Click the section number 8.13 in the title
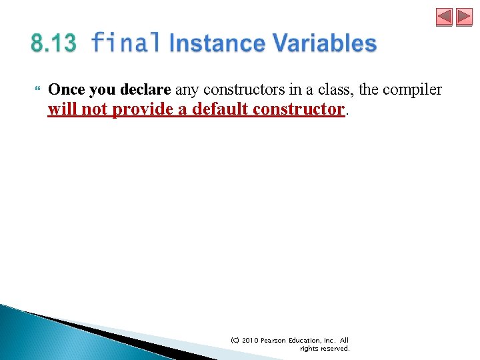[x=53, y=44]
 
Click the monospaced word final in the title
[x=125, y=43]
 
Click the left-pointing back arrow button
[x=444, y=17]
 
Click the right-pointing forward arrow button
[x=464, y=17]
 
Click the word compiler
[x=414, y=90]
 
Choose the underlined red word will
[x=62, y=109]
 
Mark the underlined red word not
[x=95, y=109]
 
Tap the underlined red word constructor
[x=301, y=109]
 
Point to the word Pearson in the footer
[x=275, y=340]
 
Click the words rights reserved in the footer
[x=325, y=348]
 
